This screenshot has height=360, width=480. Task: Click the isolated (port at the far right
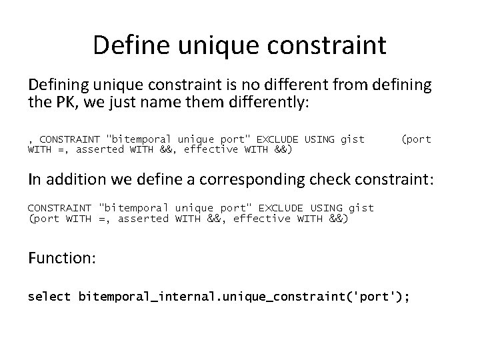(x=417, y=139)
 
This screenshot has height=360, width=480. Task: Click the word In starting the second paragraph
(x=34, y=180)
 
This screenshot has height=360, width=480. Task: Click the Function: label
(x=62, y=258)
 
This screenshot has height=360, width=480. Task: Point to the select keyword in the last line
(x=49, y=295)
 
